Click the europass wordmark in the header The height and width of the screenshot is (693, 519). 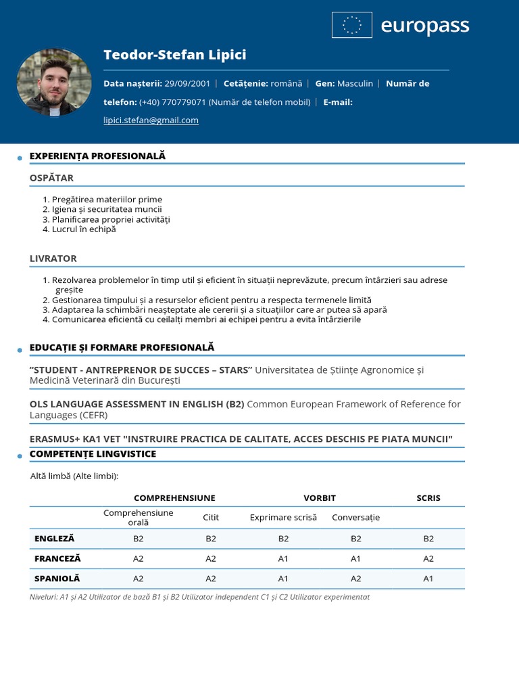point(424,26)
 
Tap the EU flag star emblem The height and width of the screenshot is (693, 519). point(351,26)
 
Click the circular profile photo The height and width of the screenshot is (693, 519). point(53,82)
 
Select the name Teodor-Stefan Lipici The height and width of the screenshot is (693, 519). point(174,55)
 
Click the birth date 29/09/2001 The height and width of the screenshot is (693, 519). point(187,84)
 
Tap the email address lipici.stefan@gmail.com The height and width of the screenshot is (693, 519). point(151,120)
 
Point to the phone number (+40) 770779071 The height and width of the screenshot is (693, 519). point(172,102)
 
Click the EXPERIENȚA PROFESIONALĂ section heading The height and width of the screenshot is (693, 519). point(97,156)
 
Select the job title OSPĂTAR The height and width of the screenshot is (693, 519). point(51,178)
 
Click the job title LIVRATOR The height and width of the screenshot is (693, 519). point(53,259)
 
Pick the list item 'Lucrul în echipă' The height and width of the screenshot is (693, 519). point(84,229)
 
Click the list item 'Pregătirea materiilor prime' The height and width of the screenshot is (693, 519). point(107,200)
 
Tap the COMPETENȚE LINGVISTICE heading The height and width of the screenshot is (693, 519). point(93,454)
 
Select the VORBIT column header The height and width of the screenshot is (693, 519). point(319,498)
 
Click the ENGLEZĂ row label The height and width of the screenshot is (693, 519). point(54,539)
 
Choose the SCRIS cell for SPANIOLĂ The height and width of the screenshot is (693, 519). point(428,579)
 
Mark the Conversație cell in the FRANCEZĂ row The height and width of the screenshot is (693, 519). point(355,559)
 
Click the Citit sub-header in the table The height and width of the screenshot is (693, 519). point(211,518)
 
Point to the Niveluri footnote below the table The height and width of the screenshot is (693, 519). point(199,597)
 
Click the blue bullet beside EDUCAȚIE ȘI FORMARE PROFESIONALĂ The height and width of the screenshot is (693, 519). point(20,350)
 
